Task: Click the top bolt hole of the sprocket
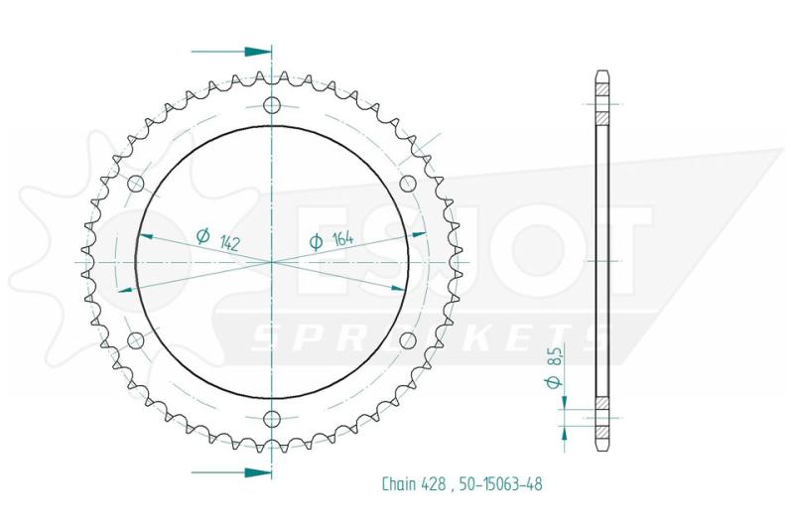(272, 105)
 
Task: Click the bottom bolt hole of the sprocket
(272, 419)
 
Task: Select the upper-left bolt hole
(136, 184)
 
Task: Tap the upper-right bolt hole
(408, 184)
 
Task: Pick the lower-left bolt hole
(135, 340)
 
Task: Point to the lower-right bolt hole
(408, 340)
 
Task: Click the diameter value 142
(230, 243)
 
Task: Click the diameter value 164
(342, 239)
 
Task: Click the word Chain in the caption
(399, 484)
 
